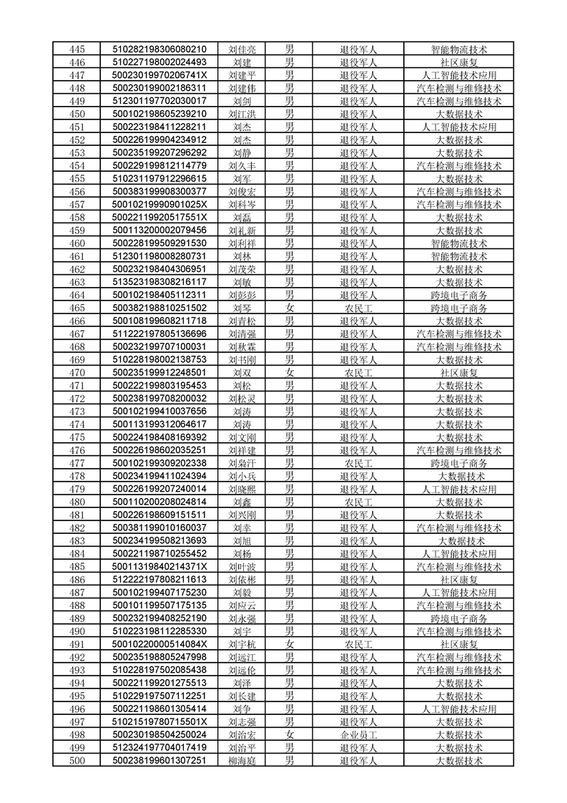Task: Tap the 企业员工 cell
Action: (358, 734)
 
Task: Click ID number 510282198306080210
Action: (159, 49)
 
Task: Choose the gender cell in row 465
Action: (290, 308)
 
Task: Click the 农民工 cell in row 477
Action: (358, 463)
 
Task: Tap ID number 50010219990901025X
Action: (159, 205)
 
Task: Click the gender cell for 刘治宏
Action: (290, 734)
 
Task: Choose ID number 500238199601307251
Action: (159, 760)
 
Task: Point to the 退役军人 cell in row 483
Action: (358, 540)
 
